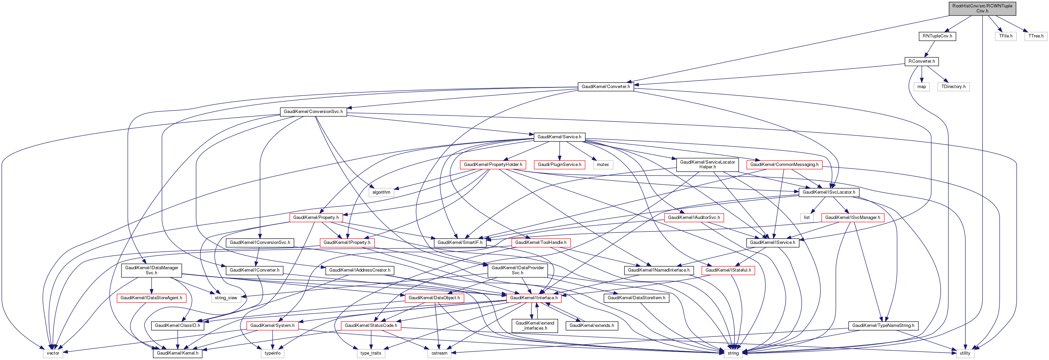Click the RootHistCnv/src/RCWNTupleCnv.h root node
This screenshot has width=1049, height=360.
[982, 8]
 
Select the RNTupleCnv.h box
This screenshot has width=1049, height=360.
[937, 36]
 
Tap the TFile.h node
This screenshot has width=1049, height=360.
[1005, 36]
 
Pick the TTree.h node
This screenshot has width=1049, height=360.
[1036, 36]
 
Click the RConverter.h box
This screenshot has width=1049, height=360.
[921, 61]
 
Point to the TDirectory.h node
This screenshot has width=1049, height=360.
[953, 87]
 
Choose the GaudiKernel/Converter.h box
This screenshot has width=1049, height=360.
[606, 87]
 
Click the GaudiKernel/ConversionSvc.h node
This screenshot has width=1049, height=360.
[313, 112]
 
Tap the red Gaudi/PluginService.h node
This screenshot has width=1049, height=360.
[559, 165]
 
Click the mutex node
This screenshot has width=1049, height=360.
[603, 165]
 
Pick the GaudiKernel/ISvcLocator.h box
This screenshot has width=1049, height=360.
[829, 192]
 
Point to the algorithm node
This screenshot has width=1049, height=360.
[381, 192]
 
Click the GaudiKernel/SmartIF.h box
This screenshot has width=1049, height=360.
[460, 243]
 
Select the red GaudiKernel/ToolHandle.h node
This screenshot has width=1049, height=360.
[541, 243]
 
